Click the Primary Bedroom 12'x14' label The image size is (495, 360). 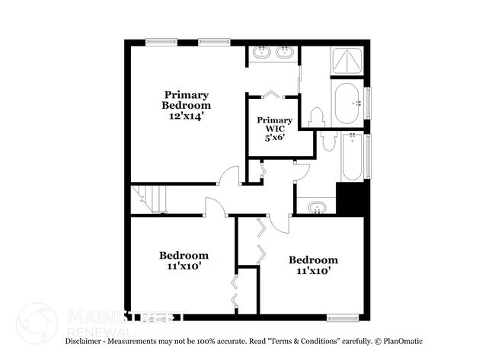coord(186,106)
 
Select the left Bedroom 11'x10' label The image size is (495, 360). coord(184,260)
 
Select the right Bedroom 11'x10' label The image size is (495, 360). coord(313,265)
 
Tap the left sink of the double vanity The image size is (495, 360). coord(262,53)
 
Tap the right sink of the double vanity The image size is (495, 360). coord(286,53)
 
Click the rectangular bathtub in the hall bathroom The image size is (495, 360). coord(351,158)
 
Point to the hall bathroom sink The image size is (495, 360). coord(316,206)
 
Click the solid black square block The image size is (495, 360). coord(353,199)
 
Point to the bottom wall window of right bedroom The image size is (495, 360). coord(342,316)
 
